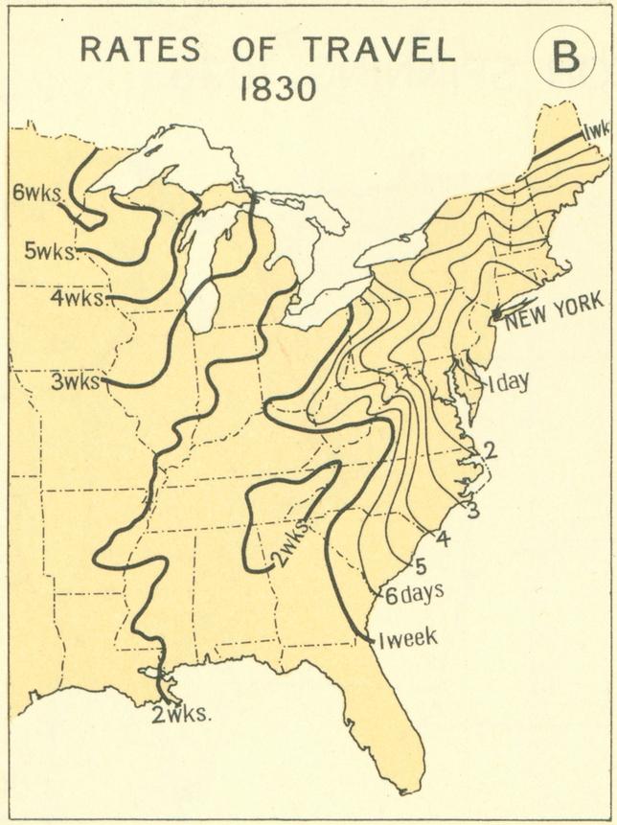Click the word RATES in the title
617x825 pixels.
click(x=141, y=50)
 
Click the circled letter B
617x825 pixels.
click(x=564, y=57)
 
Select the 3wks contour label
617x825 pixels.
click(x=76, y=381)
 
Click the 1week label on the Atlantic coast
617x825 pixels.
click(x=408, y=639)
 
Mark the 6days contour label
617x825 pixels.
click(x=414, y=593)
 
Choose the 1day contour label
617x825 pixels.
click(x=508, y=383)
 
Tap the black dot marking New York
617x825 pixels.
click(x=496, y=314)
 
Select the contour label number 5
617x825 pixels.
click(x=420, y=565)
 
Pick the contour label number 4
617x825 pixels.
click(x=443, y=539)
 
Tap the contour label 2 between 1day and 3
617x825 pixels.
click(x=490, y=449)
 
